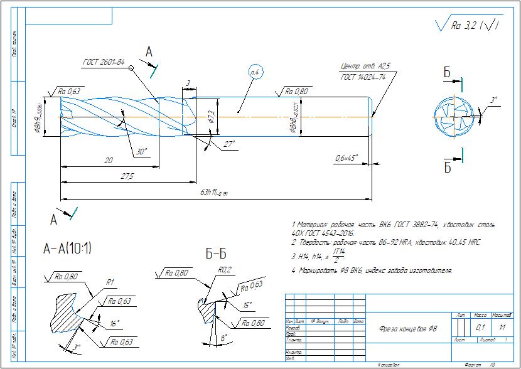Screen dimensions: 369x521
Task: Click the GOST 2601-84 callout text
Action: [104, 62]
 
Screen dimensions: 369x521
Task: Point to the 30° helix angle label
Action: [141, 152]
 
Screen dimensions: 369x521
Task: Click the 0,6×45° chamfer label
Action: [347, 157]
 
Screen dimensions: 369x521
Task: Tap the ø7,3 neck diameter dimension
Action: [212, 116]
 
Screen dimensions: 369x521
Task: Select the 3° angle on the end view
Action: [494, 100]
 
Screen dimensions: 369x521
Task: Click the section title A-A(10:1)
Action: [67, 249]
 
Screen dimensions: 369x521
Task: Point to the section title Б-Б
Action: [215, 254]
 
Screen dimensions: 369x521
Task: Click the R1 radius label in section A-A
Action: [109, 282]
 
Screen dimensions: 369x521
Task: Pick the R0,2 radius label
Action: [225, 271]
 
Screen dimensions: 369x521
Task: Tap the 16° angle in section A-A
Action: [114, 324]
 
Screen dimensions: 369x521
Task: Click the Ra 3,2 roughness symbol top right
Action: [468, 26]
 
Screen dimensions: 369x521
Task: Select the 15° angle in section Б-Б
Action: [249, 305]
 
